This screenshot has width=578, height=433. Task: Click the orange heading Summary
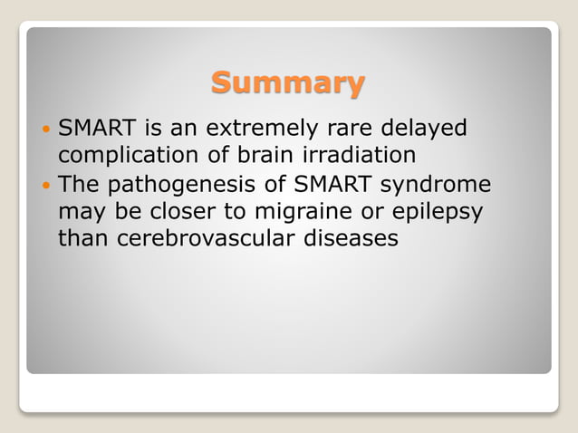tap(288, 83)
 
